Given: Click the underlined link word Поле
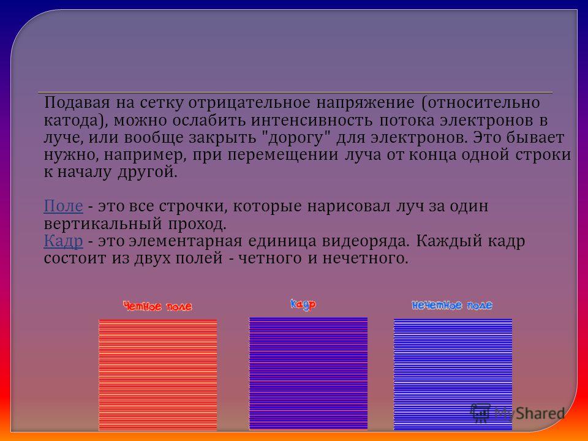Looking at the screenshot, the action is coord(63,206).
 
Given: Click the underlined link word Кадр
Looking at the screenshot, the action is coord(63,241).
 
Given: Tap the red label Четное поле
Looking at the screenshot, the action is coord(157,306).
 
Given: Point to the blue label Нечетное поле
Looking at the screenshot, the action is coord(452,305).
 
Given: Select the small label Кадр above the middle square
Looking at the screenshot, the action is coord(303,304).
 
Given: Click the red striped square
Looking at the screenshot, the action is coord(158,375).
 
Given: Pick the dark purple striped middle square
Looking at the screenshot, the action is coord(308,374).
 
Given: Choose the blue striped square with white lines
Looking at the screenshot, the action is coord(453,375).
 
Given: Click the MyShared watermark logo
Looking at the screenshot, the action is coord(518,413).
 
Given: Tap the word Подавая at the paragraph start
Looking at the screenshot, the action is coord(77,102).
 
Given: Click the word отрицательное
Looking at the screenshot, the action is coord(249,102).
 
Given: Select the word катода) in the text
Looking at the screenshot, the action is coord(76,121).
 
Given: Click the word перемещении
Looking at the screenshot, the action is coord(283,155).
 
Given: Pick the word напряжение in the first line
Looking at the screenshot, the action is coord(366,102).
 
